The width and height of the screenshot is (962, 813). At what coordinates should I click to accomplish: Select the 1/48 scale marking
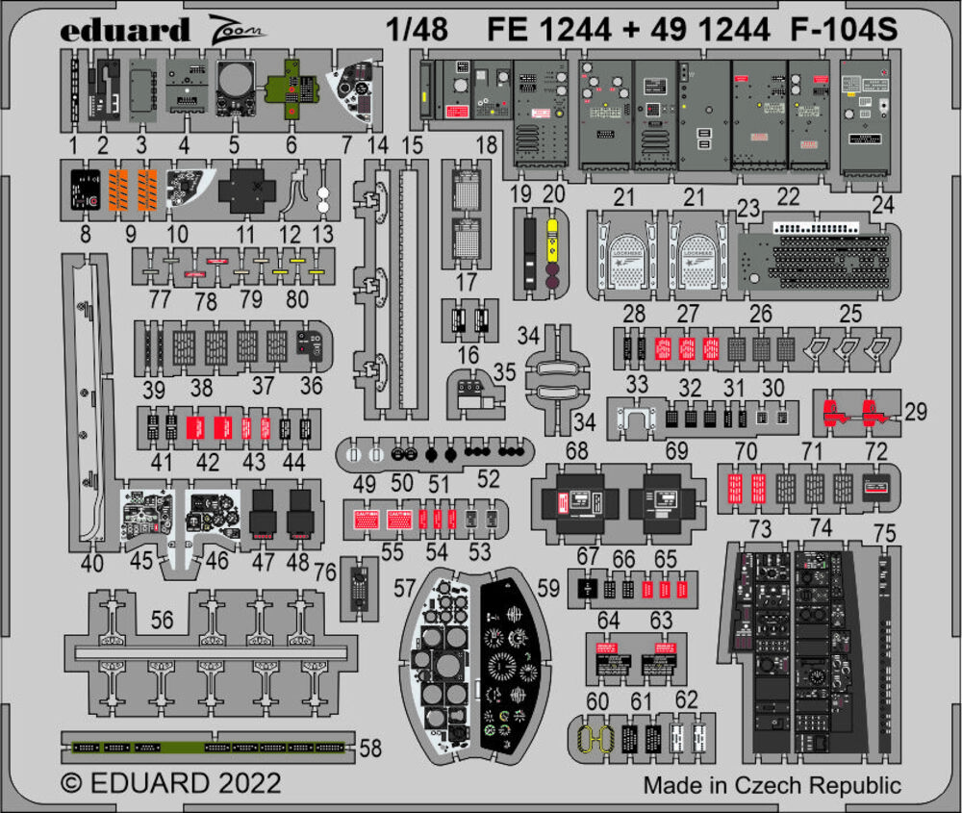click(418, 30)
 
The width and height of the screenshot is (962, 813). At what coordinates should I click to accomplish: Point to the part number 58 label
click(369, 748)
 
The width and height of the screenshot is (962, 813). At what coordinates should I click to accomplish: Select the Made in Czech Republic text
click(772, 784)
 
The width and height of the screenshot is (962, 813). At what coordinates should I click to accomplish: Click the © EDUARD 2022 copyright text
click(171, 781)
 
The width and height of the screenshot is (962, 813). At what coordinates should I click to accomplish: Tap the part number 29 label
click(915, 413)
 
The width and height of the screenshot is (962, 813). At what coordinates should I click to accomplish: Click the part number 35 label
click(504, 370)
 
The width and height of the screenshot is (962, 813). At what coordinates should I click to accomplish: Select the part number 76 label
click(325, 572)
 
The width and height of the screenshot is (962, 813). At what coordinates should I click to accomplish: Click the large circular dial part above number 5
click(234, 89)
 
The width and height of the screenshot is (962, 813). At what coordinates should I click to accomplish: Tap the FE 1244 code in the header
click(549, 30)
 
